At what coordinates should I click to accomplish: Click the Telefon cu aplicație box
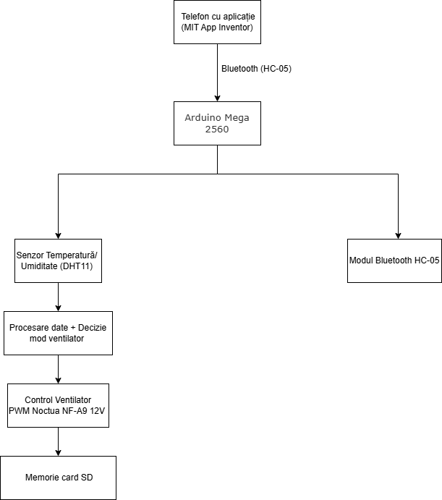[217, 22]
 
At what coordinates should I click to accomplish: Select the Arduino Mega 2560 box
[217, 124]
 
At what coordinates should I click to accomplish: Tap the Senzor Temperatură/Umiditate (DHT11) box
[58, 260]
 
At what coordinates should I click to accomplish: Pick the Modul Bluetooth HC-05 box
[394, 260]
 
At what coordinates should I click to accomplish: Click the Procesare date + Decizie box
[58, 334]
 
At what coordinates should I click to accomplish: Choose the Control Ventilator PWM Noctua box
[58, 406]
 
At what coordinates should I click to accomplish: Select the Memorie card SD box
[58, 478]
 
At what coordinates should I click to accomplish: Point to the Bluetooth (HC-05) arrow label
[256, 69]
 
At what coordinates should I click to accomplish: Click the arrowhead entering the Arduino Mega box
[217, 98]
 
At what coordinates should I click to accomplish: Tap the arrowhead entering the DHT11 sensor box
[58, 236]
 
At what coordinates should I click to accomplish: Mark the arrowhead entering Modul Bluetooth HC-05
[398, 236]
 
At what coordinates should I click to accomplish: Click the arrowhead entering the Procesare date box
[58, 308]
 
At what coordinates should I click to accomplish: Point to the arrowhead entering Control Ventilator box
[58, 381]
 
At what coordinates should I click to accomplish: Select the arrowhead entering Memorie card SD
[58, 453]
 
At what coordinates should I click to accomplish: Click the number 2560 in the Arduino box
[217, 129]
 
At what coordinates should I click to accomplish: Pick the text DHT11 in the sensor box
[77, 266]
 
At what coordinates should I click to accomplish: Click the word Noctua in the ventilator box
[46, 411]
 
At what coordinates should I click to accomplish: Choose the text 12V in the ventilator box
[97, 411]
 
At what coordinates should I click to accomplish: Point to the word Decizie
[92, 328]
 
